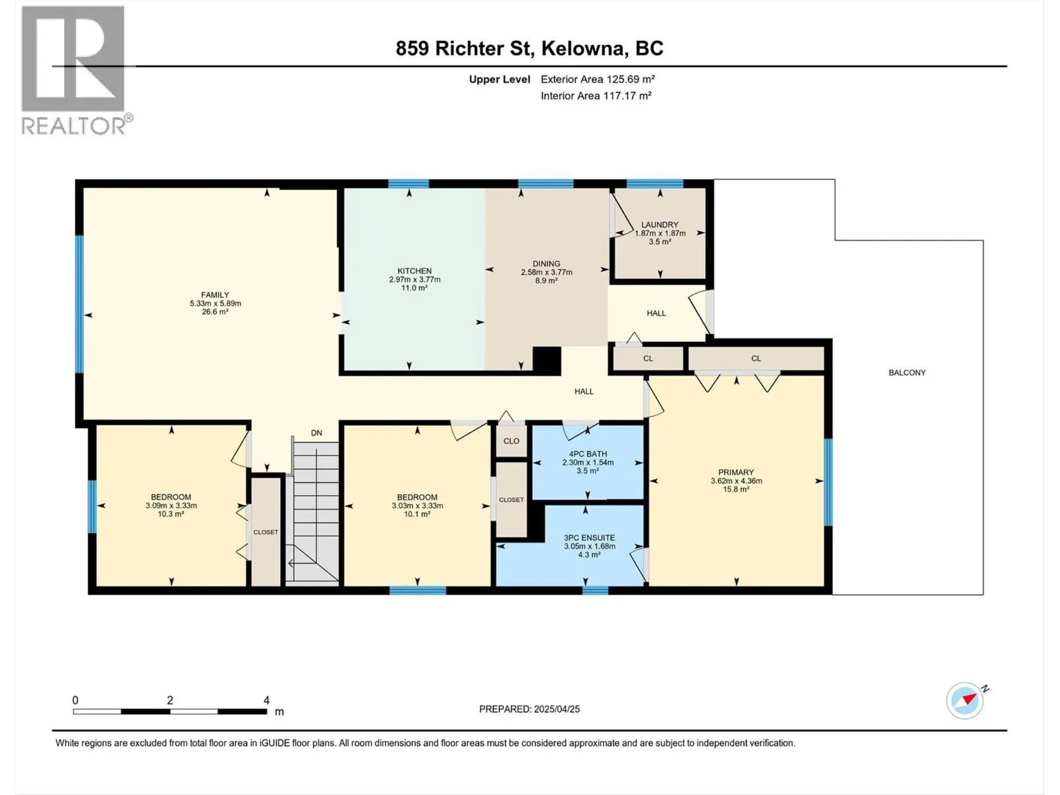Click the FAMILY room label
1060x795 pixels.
(215, 295)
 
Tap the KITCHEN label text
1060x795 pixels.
(414, 271)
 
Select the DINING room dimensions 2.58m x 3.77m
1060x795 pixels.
(547, 272)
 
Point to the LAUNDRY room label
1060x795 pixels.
(660, 225)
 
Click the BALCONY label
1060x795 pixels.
(907, 372)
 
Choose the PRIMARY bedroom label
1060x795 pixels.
(736, 472)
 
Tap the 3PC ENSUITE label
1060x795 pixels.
(589, 538)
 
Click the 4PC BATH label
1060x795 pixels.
(588, 454)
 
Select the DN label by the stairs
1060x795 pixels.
(316, 433)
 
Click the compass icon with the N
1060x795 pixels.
(965, 700)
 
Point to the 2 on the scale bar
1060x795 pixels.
(170, 700)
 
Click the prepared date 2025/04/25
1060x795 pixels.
(556, 709)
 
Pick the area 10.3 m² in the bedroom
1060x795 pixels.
(171, 514)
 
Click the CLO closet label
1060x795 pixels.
(511, 441)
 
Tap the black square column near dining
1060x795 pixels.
(547, 361)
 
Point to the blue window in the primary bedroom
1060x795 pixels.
(827, 482)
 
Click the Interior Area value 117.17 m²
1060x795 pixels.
(627, 95)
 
